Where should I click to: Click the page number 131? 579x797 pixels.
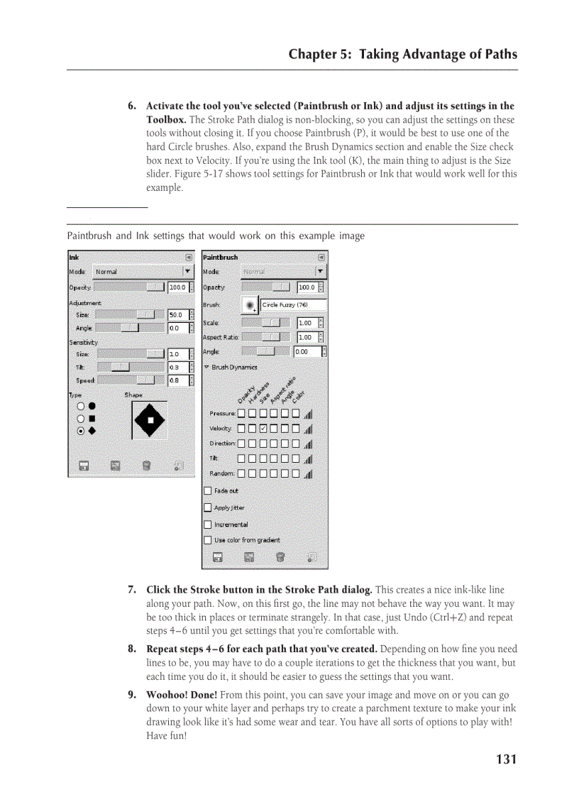click(x=506, y=759)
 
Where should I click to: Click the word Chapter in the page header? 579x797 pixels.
click(x=311, y=55)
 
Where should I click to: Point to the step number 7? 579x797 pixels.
click(x=131, y=590)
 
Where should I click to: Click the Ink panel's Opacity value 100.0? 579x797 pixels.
click(x=177, y=287)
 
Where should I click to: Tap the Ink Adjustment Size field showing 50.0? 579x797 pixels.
click(x=177, y=314)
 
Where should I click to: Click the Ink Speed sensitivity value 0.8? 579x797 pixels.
click(x=177, y=380)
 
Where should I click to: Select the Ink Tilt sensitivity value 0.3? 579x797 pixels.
click(x=177, y=367)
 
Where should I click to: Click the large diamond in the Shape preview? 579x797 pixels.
click(x=150, y=419)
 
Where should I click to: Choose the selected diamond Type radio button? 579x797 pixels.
click(x=81, y=431)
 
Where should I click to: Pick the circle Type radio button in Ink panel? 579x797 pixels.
click(x=81, y=407)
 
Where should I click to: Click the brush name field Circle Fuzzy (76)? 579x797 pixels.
click(x=293, y=305)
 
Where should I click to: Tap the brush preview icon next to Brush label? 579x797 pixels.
click(x=250, y=305)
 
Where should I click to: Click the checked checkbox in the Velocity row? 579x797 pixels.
click(x=263, y=429)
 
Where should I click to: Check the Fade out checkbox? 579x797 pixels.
click(x=208, y=490)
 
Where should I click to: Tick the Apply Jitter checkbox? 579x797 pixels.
click(x=208, y=507)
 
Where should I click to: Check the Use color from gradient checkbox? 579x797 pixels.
click(x=208, y=540)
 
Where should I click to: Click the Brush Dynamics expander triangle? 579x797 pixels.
click(x=206, y=367)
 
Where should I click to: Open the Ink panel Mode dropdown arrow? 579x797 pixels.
click(x=187, y=272)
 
